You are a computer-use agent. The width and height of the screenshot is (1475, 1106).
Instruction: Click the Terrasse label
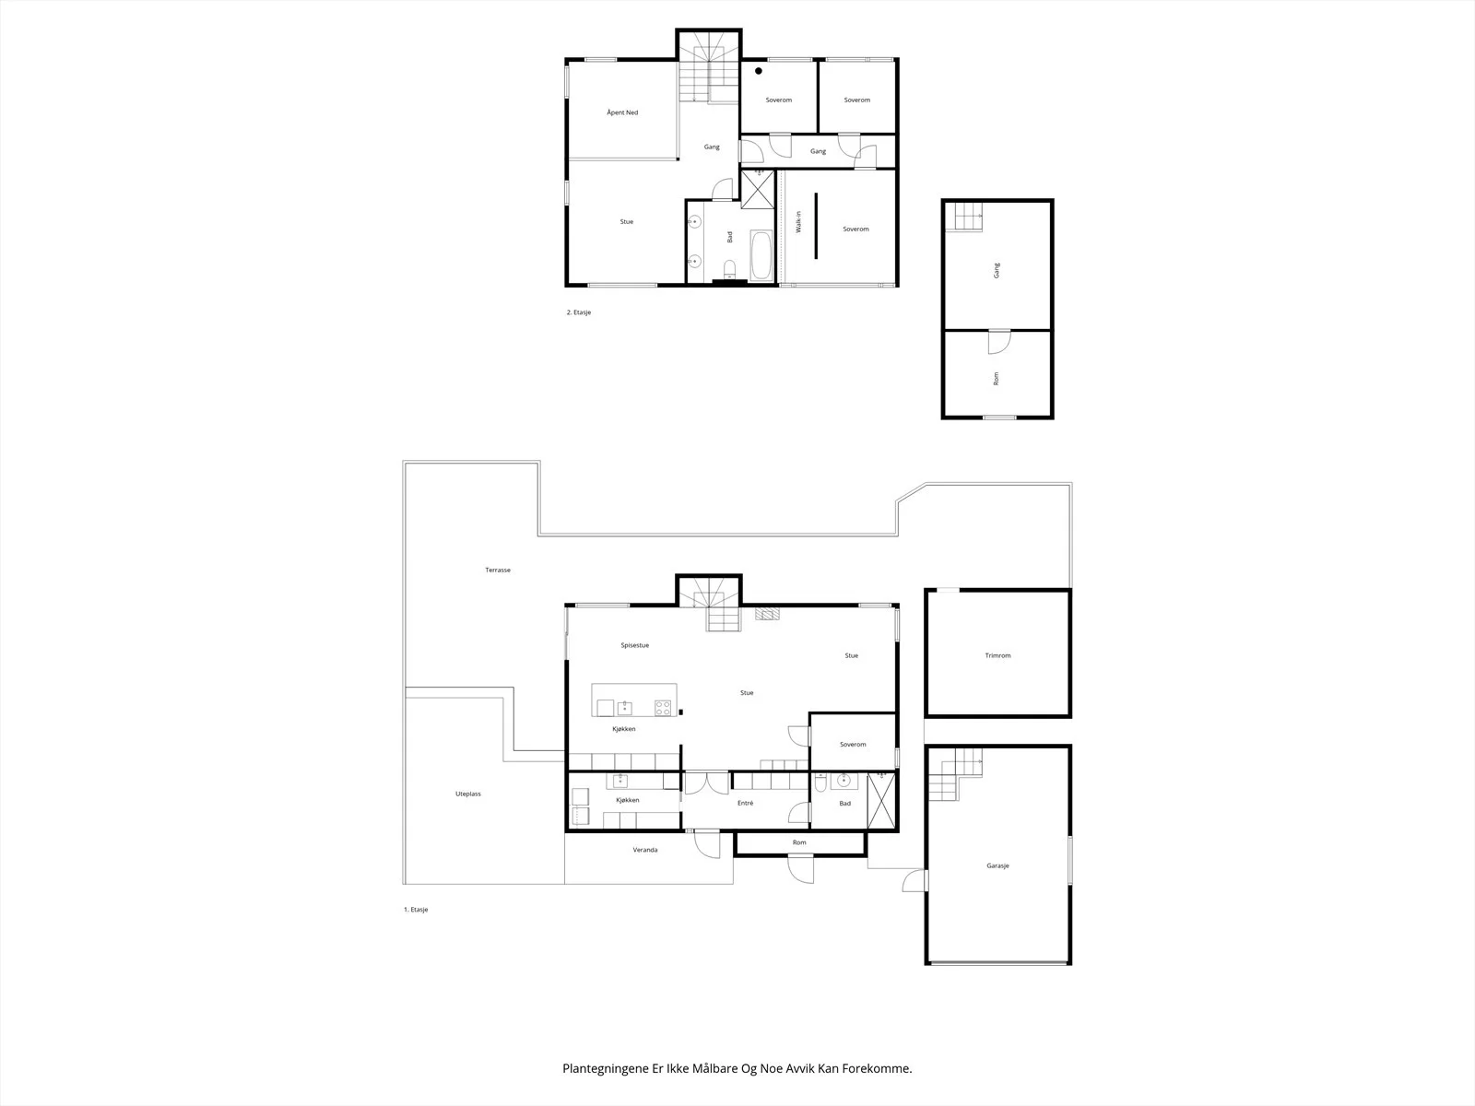pos(498,571)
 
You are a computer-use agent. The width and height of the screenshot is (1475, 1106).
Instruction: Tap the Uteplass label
pos(468,794)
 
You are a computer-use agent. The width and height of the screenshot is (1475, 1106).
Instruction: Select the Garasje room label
pos(997,865)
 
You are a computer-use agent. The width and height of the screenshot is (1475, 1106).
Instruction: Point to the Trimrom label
pos(997,655)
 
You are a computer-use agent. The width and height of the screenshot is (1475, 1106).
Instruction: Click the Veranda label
pos(645,850)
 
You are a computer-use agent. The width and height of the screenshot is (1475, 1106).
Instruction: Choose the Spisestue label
pos(635,645)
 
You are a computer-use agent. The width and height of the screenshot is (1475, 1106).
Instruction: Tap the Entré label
pos(745,803)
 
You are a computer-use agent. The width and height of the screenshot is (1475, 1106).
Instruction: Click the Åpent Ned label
pos(622,112)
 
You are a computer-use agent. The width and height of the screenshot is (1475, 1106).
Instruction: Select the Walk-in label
pos(798,221)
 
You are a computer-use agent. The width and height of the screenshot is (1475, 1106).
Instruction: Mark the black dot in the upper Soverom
pos(759,71)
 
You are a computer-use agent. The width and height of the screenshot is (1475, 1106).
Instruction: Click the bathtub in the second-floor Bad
pos(762,255)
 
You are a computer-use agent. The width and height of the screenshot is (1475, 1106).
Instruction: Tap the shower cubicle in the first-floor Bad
pos(881,801)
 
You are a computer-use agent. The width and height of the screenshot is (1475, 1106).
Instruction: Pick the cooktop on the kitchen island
pos(663,708)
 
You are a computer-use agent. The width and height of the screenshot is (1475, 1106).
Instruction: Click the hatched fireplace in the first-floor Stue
pos(767,613)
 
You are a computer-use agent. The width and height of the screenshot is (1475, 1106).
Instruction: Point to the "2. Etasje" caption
pos(579,312)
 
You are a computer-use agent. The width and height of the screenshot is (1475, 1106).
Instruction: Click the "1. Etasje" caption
pos(416,910)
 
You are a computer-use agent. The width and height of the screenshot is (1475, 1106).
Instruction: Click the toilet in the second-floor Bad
pos(730,270)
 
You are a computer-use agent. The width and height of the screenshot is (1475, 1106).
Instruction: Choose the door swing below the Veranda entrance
pos(707,844)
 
